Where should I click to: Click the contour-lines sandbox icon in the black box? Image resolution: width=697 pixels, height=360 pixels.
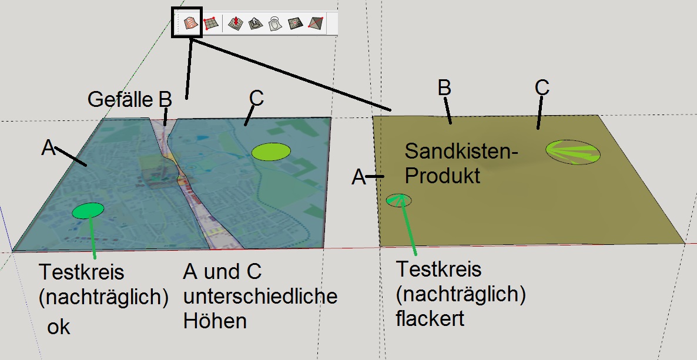(191, 23)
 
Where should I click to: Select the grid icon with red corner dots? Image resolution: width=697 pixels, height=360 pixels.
(211, 23)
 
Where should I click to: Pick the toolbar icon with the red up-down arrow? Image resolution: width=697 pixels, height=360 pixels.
(236, 23)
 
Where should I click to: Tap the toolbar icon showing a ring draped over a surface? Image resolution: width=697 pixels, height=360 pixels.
(276, 23)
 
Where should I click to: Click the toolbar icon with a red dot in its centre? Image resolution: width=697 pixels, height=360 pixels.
(296, 23)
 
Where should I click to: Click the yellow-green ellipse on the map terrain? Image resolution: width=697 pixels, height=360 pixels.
(271, 152)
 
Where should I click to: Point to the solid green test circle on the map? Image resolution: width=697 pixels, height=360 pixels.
(88, 211)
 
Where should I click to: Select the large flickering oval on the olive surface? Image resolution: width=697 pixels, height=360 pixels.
(573, 153)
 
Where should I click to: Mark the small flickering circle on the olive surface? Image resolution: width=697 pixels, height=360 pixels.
(398, 200)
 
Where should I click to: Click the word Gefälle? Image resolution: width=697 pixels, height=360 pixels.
(120, 100)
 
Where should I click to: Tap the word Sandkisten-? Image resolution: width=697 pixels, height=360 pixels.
(461, 152)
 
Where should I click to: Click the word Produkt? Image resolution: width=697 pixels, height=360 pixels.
(443, 176)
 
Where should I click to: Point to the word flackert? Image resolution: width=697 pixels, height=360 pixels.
(430, 318)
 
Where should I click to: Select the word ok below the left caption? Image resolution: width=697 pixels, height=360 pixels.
(59, 328)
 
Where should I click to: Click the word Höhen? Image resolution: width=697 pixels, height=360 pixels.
(215, 321)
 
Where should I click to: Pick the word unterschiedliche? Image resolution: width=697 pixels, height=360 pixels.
(260, 296)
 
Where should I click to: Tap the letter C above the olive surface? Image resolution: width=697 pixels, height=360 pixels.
(542, 88)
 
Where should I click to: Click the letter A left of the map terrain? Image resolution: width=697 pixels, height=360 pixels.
(48, 148)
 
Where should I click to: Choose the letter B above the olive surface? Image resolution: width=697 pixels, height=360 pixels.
(444, 88)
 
